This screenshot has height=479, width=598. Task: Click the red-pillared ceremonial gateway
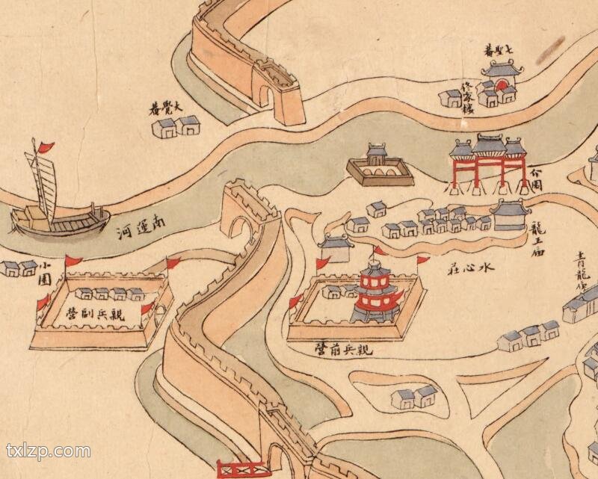pyautogui.click(x=489, y=161)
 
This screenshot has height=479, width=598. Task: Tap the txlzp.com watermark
pyautogui.click(x=49, y=451)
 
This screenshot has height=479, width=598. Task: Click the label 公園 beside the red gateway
pyautogui.click(x=535, y=179)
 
